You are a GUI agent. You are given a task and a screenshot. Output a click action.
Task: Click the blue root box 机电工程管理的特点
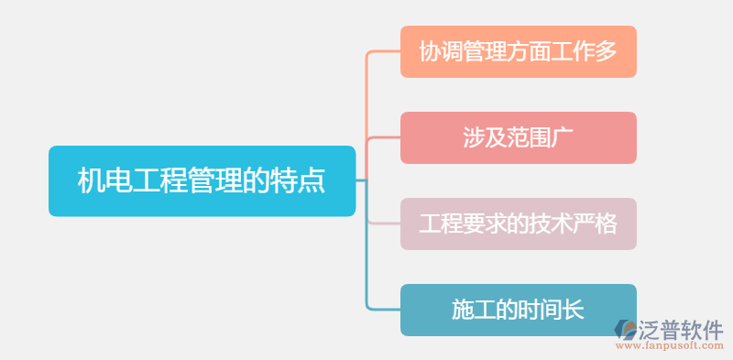pyautogui.click(x=202, y=181)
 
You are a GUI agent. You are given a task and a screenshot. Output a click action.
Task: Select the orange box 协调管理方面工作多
pyautogui.click(x=518, y=51)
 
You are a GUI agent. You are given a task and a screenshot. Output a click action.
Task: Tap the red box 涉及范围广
pyautogui.click(x=518, y=137)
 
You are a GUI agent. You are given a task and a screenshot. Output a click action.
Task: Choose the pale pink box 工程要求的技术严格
pyautogui.click(x=518, y=224)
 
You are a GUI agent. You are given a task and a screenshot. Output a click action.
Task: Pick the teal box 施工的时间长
pyautogui.click(x=518, y=310)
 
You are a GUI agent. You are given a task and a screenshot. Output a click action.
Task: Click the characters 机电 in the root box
pyautogui.click(x=104, y=181)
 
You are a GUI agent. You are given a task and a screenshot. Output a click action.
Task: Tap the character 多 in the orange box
pyautogui.click(x=606, y=51)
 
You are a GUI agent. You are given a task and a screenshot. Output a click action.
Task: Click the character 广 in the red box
pyautogui.click(x=562, y=137)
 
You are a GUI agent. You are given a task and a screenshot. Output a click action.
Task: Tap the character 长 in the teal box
pyautogui.click(x=573, y=310)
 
